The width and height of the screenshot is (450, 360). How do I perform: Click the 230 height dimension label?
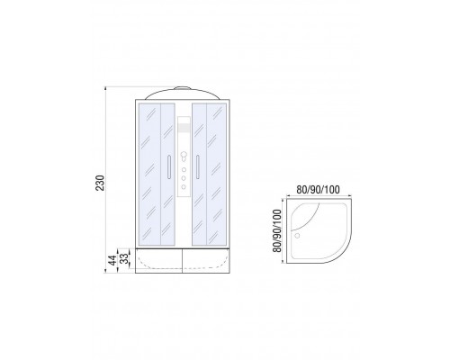(100, 183)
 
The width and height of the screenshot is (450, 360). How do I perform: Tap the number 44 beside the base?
(112, 260)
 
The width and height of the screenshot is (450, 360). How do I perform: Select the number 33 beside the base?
(124, 258)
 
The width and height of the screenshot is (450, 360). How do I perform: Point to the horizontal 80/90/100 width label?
(318, 190)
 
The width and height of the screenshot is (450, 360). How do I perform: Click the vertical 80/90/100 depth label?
(278, 230)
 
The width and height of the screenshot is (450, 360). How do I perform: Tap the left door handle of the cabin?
(169, 167)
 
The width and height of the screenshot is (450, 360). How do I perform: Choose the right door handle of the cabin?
(198, 167)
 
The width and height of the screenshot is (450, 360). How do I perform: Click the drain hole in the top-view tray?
(297, 236)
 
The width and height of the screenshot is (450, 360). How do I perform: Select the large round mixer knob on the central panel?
(184, 156)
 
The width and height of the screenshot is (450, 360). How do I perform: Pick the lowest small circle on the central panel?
(184, 187)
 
